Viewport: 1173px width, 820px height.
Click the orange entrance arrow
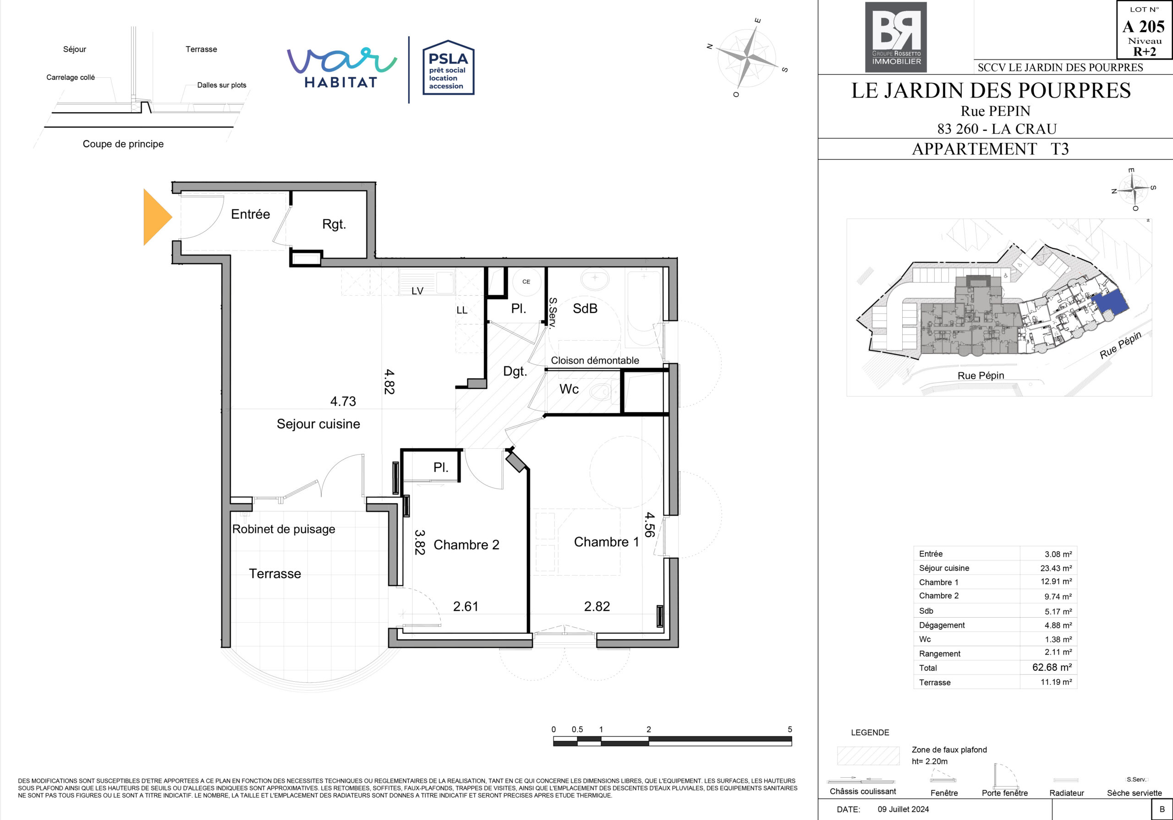156,217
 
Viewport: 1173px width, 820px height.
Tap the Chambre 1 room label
606,542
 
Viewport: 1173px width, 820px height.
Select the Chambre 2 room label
466,545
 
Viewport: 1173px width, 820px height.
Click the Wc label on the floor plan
569,389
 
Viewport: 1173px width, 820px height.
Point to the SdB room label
585,309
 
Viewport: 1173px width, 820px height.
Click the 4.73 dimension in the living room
343,402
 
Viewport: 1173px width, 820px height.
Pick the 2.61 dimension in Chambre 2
466,606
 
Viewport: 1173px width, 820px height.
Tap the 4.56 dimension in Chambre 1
649,525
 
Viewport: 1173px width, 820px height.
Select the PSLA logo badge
449,67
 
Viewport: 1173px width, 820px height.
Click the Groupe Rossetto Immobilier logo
896,37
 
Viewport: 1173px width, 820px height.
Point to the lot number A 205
1143,27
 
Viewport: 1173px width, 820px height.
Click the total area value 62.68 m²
1052,668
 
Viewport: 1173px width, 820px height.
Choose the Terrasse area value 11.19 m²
1056,682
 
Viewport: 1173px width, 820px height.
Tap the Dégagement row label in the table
942,625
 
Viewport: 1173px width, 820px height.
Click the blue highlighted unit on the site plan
1110,303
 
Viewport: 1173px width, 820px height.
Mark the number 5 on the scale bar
790,729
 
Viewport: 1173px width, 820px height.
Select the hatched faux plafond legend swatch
868,755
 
